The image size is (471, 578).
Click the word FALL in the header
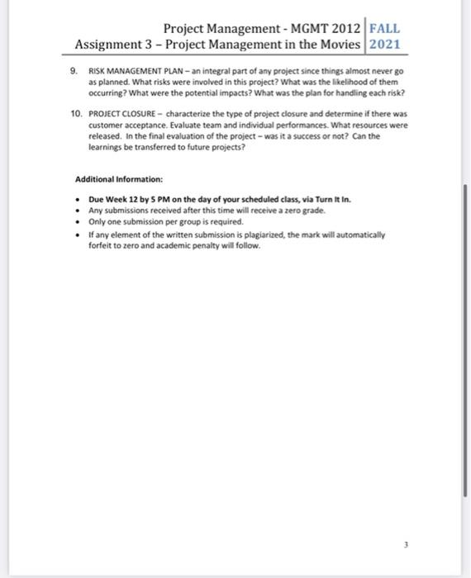click(x=386, y=28)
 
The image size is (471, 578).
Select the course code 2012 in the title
click(x=340, y=28)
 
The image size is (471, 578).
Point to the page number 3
click(x=406, y=544)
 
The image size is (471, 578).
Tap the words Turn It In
click(x=318, y=200)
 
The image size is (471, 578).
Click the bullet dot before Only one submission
click(x=77, y=222)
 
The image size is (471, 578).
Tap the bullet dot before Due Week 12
click(x=77, y=200)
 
